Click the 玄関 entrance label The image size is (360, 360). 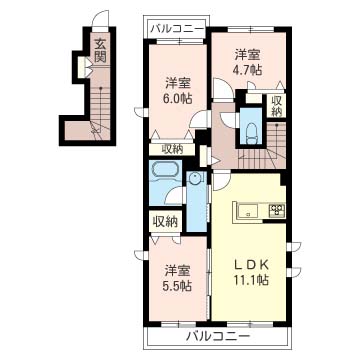click(100, 51)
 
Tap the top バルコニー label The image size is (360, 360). click(177, 29)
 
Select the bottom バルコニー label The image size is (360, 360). click(218, 337)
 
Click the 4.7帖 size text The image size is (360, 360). click(247, 70)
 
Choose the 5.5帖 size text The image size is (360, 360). click(178, 285)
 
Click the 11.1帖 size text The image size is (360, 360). click(252, 281)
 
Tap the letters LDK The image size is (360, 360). click(251, 265)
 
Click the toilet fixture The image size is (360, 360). click(251, 133)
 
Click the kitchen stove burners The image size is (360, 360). click(277, 210)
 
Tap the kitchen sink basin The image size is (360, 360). click(247, 211)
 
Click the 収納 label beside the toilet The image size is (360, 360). click(276, 106)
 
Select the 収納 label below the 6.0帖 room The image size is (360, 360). click(172, 150)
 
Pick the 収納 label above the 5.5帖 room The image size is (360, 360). click(165, 222)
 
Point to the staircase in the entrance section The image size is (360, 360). click(100, 112)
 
